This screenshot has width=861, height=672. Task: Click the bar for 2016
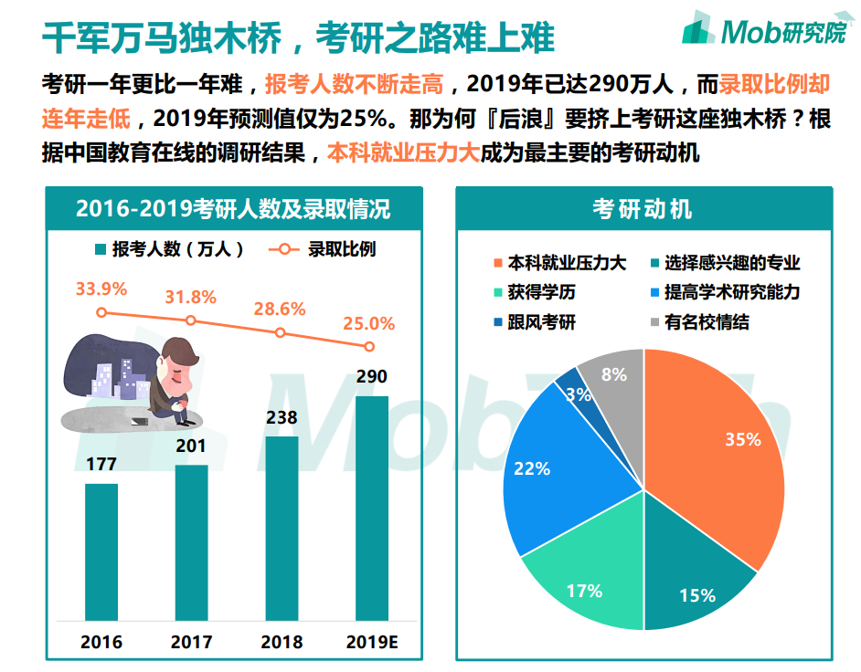(101, 550)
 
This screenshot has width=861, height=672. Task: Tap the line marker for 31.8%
(191, 320)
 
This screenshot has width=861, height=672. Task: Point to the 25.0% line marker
(369, 346)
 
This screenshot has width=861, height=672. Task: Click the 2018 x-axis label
(282, 642)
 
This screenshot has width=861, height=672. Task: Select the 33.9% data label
(101, 289)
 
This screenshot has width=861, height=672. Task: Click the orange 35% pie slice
(722, 447)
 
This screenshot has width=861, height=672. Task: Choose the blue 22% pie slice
(539, 466)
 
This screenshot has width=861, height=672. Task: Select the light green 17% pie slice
(585, 584)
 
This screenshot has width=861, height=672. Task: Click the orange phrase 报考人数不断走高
(354, 85)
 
